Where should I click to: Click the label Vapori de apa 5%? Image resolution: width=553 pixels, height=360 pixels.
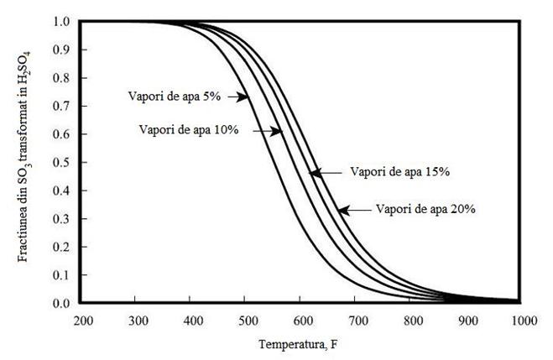174,97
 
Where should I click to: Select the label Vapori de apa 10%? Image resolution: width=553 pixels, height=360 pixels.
189,130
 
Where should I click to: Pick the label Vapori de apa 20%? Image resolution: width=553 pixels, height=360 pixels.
425,209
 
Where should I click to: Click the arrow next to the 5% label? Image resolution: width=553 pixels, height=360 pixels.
237,97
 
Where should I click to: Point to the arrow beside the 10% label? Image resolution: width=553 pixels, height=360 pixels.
269,131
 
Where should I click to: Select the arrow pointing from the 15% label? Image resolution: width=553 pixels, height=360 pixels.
326,173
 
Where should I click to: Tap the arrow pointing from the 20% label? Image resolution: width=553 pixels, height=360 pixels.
352,209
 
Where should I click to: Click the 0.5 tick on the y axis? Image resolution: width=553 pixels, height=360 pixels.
62,162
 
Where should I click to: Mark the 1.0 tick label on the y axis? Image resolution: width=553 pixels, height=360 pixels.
62,21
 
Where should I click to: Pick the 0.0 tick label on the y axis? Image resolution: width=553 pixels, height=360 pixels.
62,303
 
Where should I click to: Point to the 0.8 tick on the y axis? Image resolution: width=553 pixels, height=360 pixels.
62,77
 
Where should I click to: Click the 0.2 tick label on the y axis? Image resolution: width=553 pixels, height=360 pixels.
62,247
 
